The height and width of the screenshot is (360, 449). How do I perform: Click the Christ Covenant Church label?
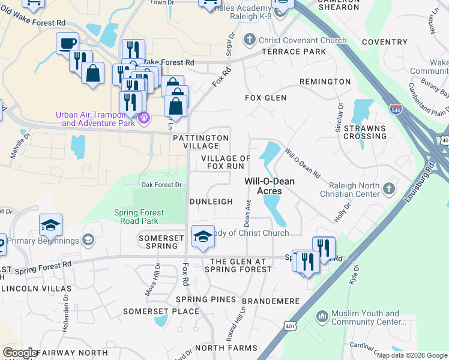click(x=303, y=40)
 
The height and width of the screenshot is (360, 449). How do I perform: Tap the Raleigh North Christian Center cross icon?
click(x=388, y=189)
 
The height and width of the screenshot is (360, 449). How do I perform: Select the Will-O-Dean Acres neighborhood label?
click(x=270, y=186)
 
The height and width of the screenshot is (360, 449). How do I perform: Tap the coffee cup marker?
click(x=67, y=43)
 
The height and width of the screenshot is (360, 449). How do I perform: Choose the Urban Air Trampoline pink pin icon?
click(x=143, y=118)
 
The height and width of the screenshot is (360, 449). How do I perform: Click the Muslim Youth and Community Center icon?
click(x=322, y=315)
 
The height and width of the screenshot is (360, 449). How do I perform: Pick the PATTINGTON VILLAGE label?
click(x=200, y=142)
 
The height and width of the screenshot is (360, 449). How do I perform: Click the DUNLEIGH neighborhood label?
click(x=211, y=202)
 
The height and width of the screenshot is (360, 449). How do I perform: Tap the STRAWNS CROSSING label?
click(x=365, y=132)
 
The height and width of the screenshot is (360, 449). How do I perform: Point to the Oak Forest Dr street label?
click(x=161, y=185)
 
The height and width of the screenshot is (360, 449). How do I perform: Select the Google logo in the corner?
click(x=20, y=353)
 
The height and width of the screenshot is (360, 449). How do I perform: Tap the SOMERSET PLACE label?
click(x=161, y=311)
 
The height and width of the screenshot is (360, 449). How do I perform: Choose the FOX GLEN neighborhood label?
click(x=265, y=97)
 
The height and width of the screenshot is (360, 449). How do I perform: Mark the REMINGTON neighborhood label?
click(x=325, y=81)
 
